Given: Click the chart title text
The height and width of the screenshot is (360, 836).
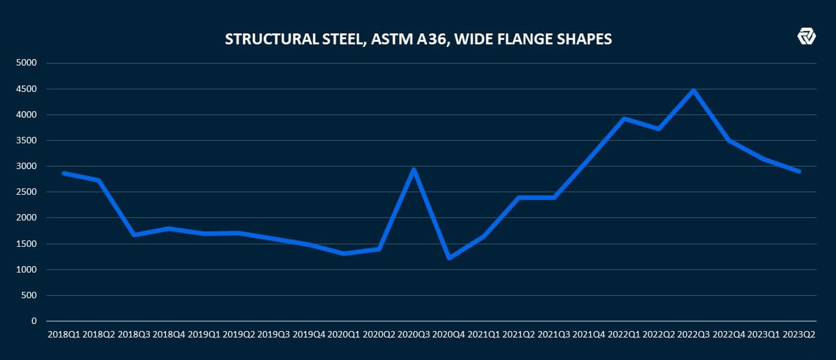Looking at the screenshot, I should pyautogui.click(x=418, y=39).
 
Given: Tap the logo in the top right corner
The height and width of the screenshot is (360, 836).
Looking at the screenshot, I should pyautogui.click(x=806, y=37).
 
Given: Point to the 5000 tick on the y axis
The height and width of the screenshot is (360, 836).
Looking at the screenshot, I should pyautogui.click(x=29, y=63).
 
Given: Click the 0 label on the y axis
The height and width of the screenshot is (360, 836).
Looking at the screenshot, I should pyautogui.click(x=35, y=321).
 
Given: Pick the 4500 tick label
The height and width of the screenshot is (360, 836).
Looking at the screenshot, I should pyautogui.click(x=29, y=89).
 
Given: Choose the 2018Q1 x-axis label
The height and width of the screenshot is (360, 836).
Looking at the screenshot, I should pyautogui.click(x=64, y=335).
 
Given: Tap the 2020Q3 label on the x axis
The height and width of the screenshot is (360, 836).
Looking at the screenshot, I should pyautogui.click(x=414, y=335).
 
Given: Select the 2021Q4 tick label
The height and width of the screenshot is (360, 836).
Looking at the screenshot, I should pyautogui.click(x=589, y=335).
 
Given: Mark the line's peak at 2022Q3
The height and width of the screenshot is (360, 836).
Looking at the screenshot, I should pyautogui.click(x=693, y=91).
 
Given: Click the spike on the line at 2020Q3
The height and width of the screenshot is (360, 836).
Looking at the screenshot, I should pyautogui.click(x=414, y=169).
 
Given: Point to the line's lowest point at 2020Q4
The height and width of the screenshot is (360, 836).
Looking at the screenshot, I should pyautogui.click(x=449, y=258).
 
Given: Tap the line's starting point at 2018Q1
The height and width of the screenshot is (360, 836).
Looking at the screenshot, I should pyautogui.click(x=64, y=173).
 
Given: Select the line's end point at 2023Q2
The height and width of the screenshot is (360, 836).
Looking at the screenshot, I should pyautogui.click(x=799, y=172).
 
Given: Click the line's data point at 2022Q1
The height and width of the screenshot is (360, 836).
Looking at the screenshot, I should pyautogui.click(x=624, y=119).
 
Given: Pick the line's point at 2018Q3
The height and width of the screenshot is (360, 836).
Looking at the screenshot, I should pyautogui.click(x=134, y=235).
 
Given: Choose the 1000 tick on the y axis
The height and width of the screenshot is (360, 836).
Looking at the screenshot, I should pyautogui.click(x=29, y=269).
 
